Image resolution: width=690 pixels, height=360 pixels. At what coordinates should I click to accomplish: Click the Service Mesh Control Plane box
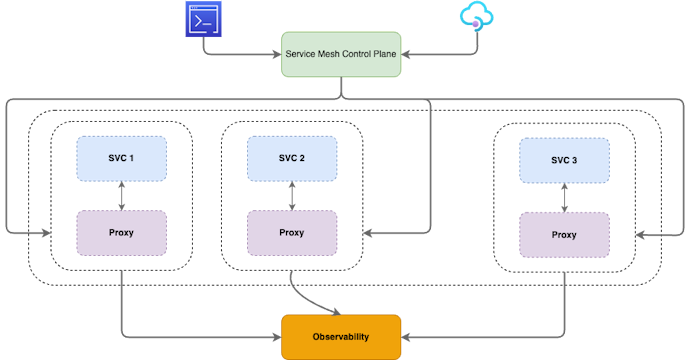tap(340, 55)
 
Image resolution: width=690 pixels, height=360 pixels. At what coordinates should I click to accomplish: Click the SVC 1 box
tap(121, 159)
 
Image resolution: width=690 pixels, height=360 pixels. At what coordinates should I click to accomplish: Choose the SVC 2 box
tap(291, 159)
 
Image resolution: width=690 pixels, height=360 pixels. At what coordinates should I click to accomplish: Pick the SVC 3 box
tap(564, 160)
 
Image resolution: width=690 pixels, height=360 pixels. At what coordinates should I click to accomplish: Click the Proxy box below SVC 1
tap(121, 233)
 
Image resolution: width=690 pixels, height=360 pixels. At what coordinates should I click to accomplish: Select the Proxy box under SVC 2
tap(291, 233)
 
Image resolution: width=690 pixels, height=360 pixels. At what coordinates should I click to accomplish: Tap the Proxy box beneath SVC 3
tap(564, 235)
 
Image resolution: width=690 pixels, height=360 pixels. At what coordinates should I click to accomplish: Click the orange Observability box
tap(340, 336)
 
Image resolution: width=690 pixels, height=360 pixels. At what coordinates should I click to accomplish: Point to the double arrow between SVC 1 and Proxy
tap(121, 196)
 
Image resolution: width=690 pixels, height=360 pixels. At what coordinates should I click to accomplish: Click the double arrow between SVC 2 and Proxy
tap(291, 196)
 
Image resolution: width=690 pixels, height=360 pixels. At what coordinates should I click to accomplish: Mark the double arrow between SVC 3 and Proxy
tap(564, 197)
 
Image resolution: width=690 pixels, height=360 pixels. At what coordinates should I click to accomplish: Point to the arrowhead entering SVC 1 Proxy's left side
tap(45, 233)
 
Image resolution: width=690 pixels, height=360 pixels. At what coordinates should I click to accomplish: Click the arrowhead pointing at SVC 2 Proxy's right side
tap(368, 233)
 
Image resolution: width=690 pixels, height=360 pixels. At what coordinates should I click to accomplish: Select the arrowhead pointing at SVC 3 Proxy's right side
tap(641, 235)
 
